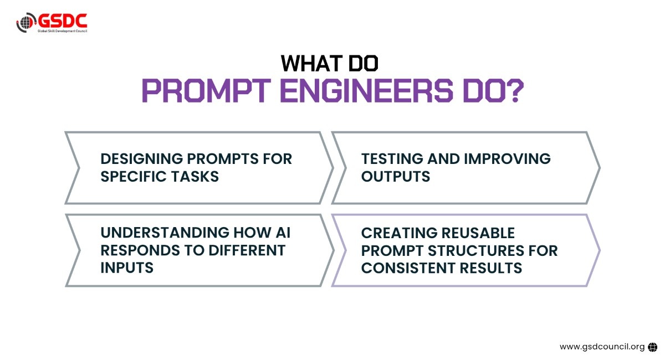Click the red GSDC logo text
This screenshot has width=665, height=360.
[x=62, y=21]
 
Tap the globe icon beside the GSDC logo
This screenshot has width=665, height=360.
[x=26, y=22]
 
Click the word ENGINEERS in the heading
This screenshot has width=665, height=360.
[x=367, y=90]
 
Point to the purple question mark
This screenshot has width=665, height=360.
[x=515, y=90]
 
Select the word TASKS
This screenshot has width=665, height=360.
[x=195, y=177]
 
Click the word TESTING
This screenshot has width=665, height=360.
[x=392, y=159]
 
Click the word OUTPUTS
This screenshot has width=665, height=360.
[x=396, y=177]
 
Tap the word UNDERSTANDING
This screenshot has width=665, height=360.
[x=165, y=233]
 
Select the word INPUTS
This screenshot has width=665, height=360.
[x=127, y=268]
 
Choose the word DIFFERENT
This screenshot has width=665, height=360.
[x=247, y=250]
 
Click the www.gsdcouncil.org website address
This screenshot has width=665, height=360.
[x=602, y=347]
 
